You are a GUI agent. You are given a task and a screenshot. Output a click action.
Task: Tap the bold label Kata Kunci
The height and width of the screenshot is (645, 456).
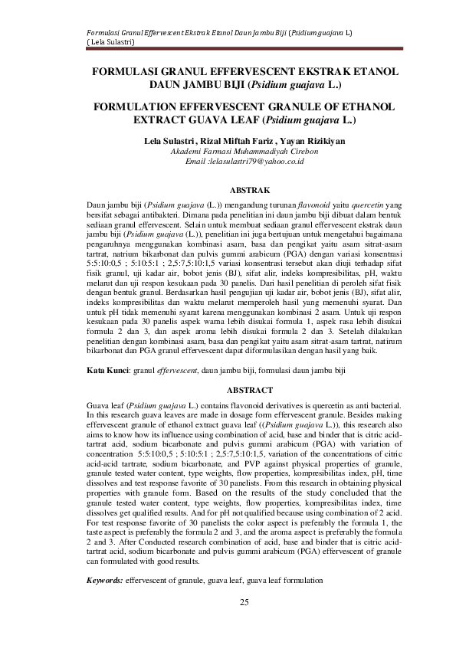(107, 370)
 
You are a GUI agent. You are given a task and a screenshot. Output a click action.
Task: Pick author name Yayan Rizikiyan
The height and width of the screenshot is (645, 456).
(313, 142)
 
